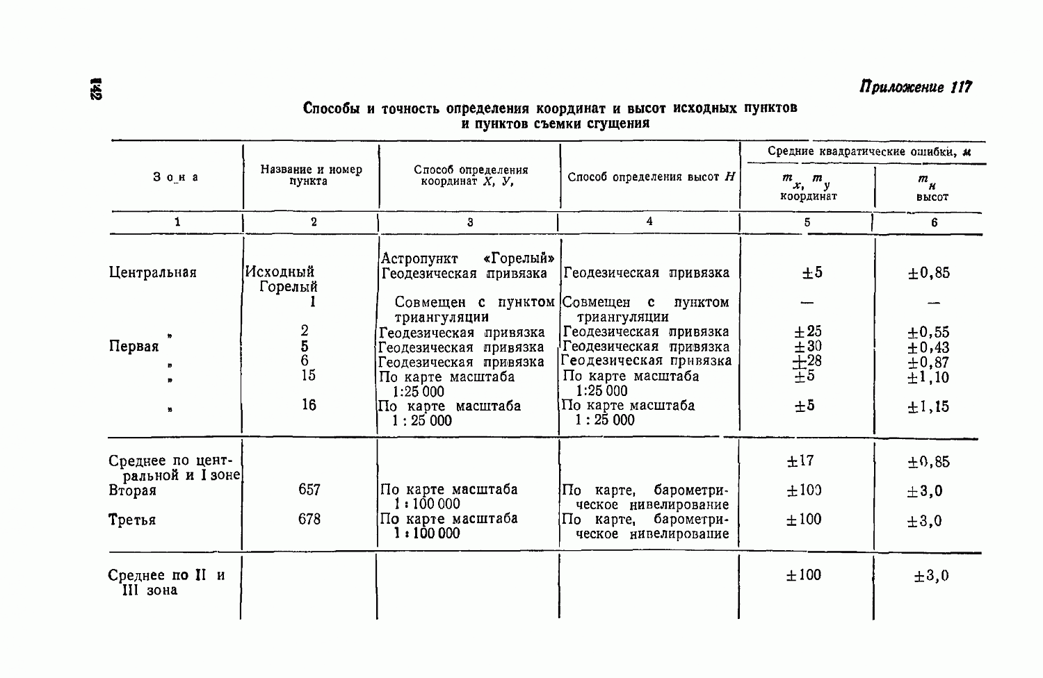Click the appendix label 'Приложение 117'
pos(915,87)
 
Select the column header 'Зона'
pos(176,177)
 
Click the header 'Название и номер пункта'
pos(311,175)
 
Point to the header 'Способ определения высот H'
pos(651,176)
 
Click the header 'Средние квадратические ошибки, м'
pos(869,151)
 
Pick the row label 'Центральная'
pos(153,272)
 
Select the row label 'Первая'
pos(134,346)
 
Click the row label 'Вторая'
pos(133,490)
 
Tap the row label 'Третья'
pos(132,520)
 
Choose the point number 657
pos(309,490)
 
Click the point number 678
pos(309,519)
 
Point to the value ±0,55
pos(928,332)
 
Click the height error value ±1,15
pos(928,406)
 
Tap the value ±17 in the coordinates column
pos(800,461)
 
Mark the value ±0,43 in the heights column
pos(928,347)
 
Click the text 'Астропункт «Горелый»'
pos(468,258)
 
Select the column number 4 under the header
pos(649,221)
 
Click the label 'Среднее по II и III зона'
pos(167,582)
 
